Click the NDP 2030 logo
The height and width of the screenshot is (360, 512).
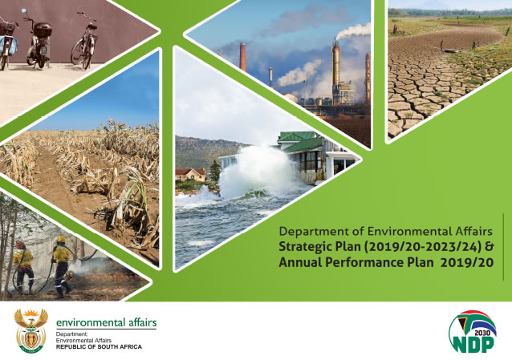coord(473,331)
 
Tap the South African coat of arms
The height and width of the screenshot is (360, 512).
coord(31,331)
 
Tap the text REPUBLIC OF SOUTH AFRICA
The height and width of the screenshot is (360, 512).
coord(99,347)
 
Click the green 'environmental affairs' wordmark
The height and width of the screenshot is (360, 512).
coord(107,322)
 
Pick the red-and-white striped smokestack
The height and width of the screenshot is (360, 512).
coord(242,56)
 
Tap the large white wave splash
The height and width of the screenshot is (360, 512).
coord(258,172)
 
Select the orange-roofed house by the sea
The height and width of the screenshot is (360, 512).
coord(190,174)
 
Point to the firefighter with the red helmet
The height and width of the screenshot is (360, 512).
coord(23,267)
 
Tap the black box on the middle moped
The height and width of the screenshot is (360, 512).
coord(43,30)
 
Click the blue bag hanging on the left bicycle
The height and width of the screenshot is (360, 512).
coord(9,45)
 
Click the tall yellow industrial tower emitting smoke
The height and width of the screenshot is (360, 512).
coord(336,71)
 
